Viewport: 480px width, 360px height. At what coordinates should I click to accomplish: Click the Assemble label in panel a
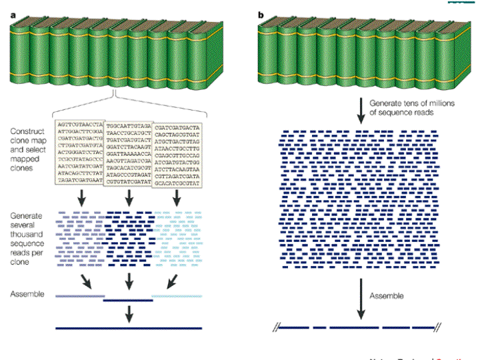tap(27, 293)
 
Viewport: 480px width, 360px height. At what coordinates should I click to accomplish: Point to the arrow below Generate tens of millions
tap(361, 109)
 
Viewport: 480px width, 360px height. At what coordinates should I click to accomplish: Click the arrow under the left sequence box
tap(81, 197)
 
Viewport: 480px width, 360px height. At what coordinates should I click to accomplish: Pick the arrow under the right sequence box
tap(176, 197)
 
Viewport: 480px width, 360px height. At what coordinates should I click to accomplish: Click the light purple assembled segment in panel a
tap(80, 295)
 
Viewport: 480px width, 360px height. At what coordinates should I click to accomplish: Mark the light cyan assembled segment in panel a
tap(177, 295)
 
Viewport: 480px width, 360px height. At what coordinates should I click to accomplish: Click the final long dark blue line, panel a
tap(129, 328)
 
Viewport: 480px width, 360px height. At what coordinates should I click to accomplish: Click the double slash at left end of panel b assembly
tap(275, 328)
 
